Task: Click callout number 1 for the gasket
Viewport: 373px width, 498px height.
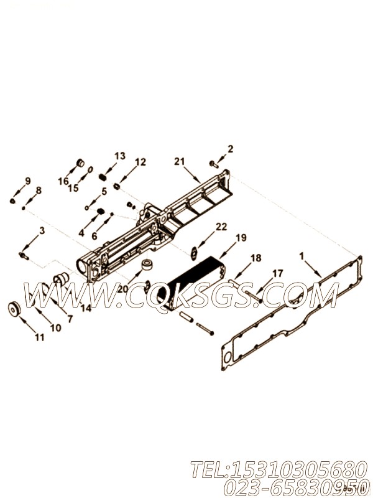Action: [x=302, y=256]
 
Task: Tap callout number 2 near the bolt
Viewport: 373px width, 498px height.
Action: [x=231, y=149]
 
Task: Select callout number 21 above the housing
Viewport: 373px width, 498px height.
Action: [x=180, y=161]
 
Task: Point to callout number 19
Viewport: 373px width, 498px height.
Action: [x=241, y=238]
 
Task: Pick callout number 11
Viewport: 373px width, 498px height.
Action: [x=39, y=337]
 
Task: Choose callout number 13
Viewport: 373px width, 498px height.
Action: [x=119, y=155]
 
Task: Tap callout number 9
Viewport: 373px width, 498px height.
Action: [x=27, y=181]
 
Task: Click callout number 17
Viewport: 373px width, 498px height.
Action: [x=277, y=273]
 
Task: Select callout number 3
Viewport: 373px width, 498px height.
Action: [x=42, y=231]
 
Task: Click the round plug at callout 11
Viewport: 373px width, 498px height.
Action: [x=13, y=309]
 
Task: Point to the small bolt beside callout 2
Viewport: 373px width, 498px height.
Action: [x=214, y=164]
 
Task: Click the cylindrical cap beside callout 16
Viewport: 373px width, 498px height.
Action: [x=80, y=164]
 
